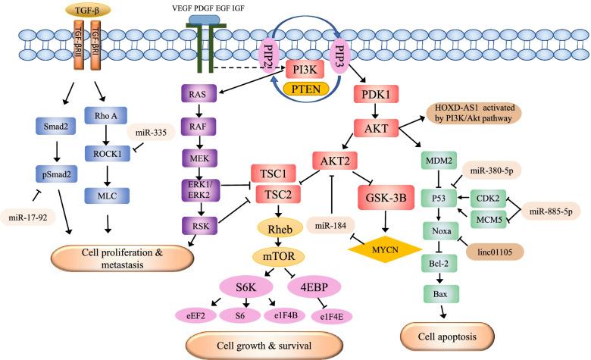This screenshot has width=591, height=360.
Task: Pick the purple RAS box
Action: click(198, 94)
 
